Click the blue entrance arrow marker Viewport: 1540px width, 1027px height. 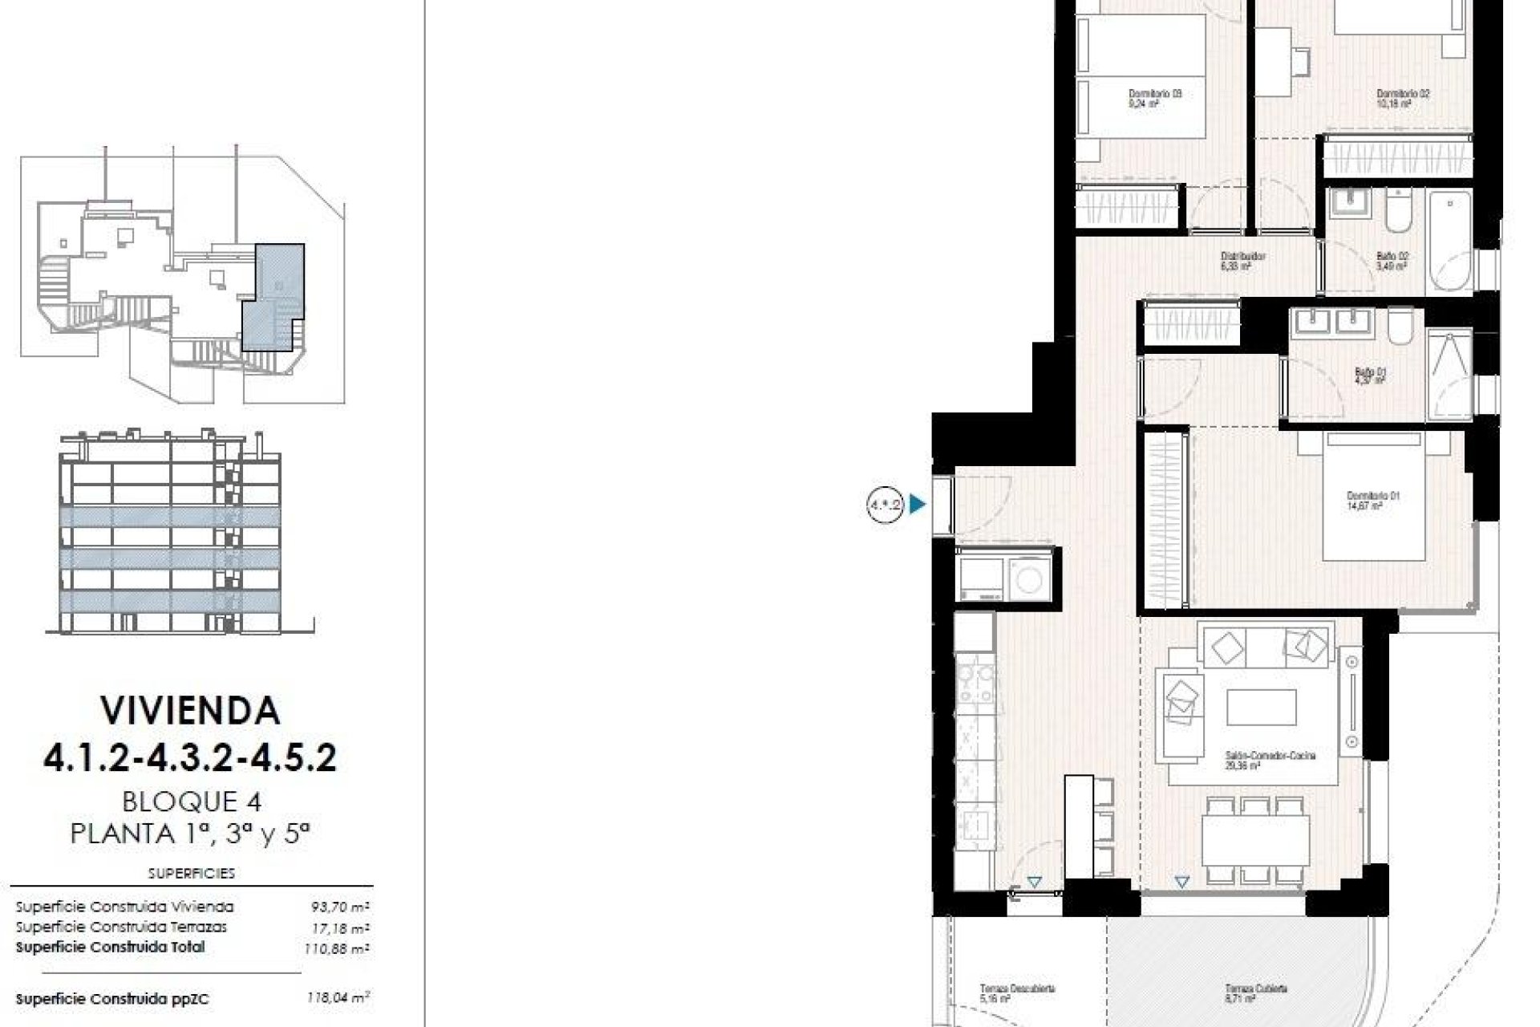[x=918, y=505]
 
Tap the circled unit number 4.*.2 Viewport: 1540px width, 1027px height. [x=885, y=505]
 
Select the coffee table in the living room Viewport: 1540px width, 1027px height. [x=1261, y=707]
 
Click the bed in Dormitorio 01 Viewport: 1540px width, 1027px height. [x=1373, y=495]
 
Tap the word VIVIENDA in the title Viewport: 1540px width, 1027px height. [x=190, y=711]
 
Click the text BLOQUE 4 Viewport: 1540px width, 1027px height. [x=192, y=801]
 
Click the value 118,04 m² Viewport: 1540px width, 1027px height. [x=338, y=999]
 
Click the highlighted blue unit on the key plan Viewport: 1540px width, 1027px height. [x=274, y=297]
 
